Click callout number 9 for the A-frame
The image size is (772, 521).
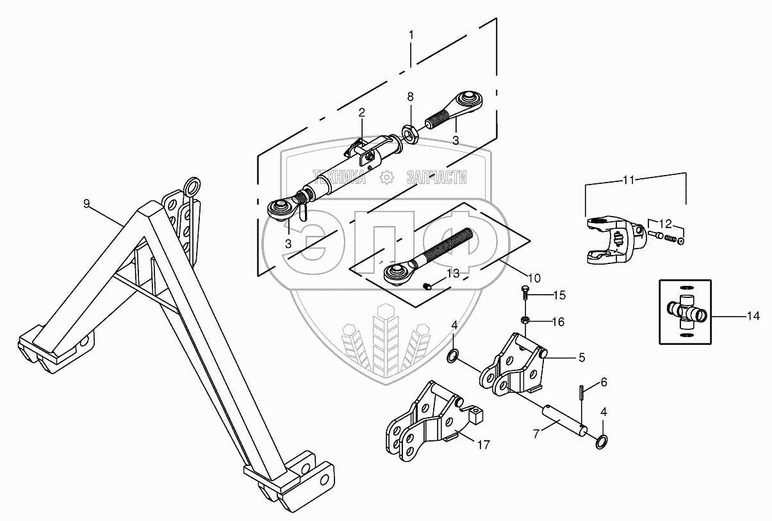tap(87, 204)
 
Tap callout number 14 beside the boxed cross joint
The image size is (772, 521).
tap(753, 315)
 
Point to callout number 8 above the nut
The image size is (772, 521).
tap(410, 97)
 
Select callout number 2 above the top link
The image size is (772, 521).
tap(361, 113)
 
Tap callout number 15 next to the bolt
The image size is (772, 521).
tap(560, 295)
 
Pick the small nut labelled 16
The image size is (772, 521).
tap(524, 320)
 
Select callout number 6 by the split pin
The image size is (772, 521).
tap(603, 382)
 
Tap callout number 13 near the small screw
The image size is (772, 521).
tap(452, 274)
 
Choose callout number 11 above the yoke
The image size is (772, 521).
tap(628, 181)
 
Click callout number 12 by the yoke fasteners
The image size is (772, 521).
tap(666, 223)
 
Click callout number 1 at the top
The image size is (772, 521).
tap(411, 33)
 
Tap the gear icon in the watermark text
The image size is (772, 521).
tap(386, 177)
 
